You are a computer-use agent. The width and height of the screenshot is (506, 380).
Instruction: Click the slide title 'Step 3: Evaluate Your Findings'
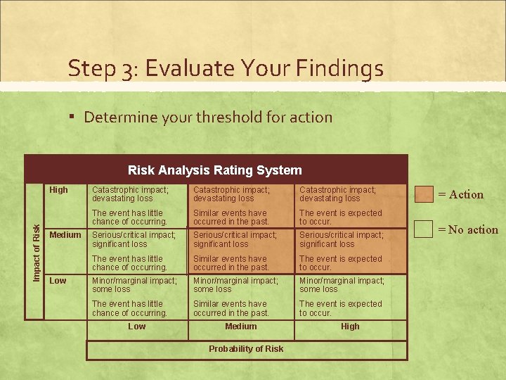(226, 68)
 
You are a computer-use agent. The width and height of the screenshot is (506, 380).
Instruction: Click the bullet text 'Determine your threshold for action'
(208, 117)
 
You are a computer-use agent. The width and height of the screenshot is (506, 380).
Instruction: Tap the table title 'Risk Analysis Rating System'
(215, 170)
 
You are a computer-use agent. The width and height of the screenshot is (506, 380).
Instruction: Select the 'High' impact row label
(59, 190)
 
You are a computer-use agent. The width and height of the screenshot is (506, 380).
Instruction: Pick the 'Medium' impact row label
(65, 235)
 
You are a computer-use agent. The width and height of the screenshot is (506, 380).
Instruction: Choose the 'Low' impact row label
(58, 281)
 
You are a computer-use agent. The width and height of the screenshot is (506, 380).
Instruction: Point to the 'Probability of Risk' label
(246, 349)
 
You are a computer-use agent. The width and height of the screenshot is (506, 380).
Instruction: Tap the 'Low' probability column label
(137, 327)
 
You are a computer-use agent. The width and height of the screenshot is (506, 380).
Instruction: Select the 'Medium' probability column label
(241, 327)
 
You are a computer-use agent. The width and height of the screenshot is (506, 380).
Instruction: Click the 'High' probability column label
(350, 327)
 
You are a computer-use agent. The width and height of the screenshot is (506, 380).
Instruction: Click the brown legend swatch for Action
(424, 194)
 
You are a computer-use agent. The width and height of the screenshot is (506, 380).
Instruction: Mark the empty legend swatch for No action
(424, 229)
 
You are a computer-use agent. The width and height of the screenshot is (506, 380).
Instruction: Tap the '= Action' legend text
(461, 195)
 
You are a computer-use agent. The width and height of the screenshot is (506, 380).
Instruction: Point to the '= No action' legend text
(468, 229)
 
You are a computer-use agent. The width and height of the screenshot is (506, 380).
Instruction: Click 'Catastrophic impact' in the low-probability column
(130, 194)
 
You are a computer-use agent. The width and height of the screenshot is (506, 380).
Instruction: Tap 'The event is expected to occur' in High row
(340, 217)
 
